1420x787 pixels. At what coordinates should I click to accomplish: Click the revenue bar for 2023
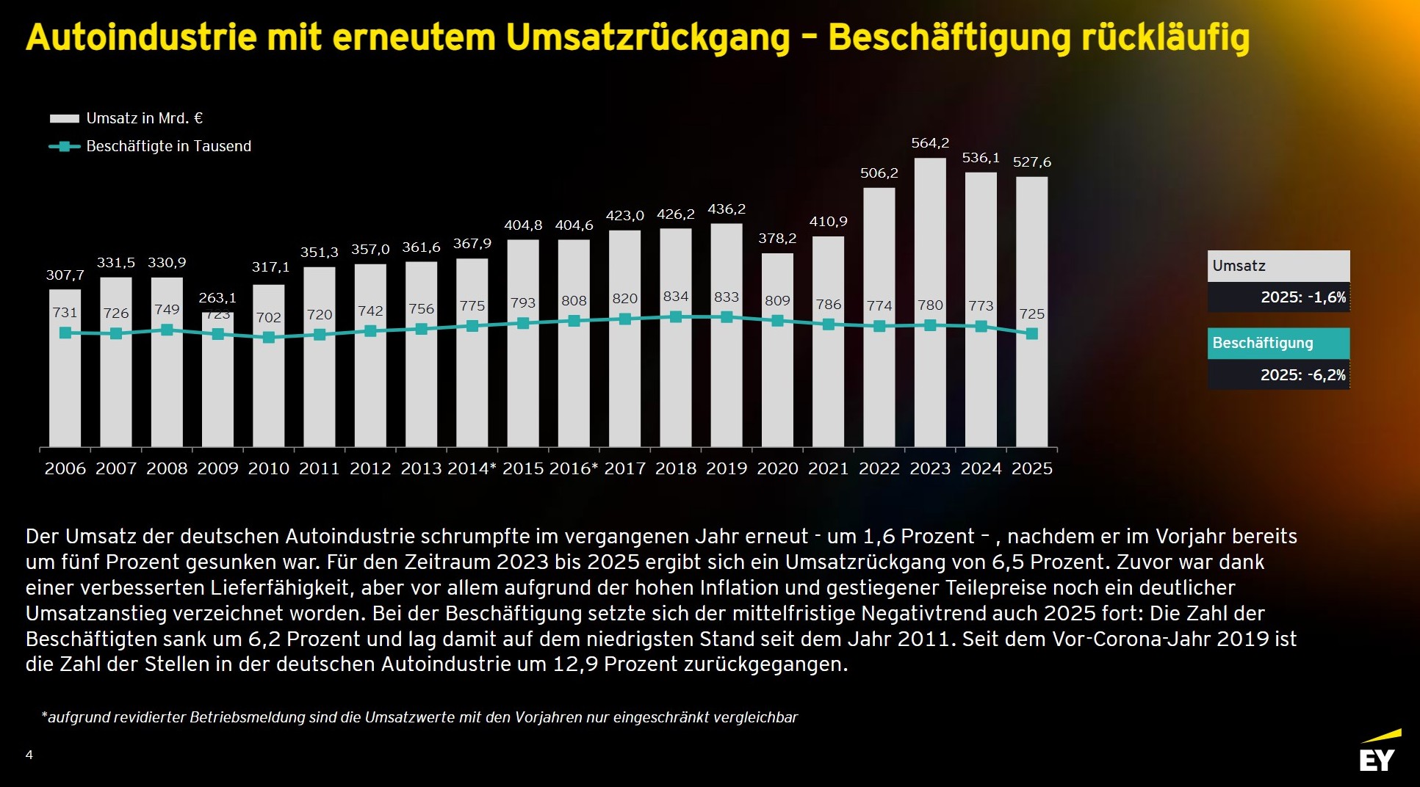pyautogui.click(x=930, y=382)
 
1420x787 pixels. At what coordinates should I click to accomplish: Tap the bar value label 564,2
pyautogui.click(x=930, y=143)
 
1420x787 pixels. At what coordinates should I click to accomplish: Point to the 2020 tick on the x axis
pyautogui.click(x=777, y=468)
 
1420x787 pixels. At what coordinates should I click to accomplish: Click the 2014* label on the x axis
pyautogui.click(x=472, y=468)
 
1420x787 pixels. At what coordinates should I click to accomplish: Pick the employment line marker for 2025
pyautogui.click(x=1031, y=333)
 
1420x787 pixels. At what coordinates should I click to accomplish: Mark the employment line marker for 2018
pyautogui.click(x=676, y=317)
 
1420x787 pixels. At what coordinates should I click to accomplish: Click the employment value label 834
pyautogui.click(x=676, y=297)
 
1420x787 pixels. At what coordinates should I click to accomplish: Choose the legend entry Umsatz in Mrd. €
pyautogui.click(x=144, y=118)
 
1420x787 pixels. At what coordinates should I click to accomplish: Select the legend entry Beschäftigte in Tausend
pyautogui.click(x=168, y=146)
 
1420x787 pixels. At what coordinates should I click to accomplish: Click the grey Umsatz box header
pyautogui.click(x=1278, y=266)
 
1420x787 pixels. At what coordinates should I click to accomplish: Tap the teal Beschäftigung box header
pyautogui.click(x=1278, y=343)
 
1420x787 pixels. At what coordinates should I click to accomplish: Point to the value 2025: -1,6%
pyautogui.click(x=1303, y=297)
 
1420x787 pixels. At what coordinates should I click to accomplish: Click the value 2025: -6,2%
pyautogui.click(x=1303, y=374)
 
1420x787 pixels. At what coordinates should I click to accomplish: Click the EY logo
pyautogui.click(x=1378, y=753)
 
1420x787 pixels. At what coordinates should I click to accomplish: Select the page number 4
pyautogui.click(x=29, y=755)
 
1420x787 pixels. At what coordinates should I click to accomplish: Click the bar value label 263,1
pyautogui.click(x=217, y=298)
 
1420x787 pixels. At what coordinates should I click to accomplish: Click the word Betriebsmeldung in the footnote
pyautogui.click(x=248, y=717)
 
